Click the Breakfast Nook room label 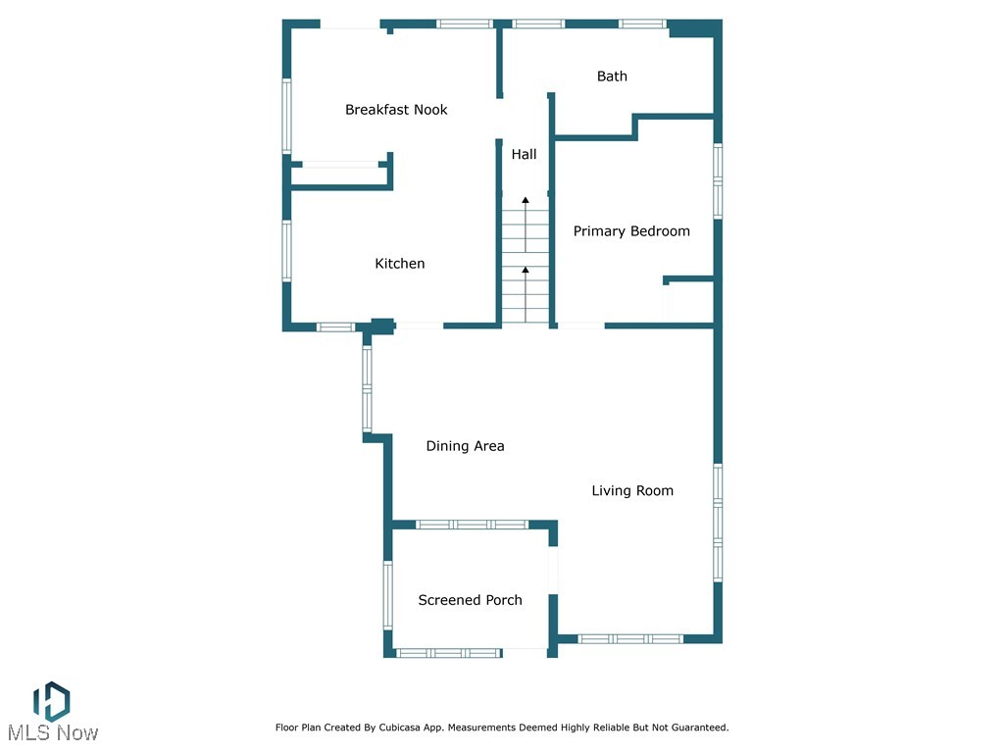coord(396,110)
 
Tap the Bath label coord(612,76)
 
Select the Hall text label coord(524,154)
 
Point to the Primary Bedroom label coord(631,231)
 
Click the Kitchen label coord(400,264)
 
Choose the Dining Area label coord(465,446)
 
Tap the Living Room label coord(632,491)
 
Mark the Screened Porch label coord(470,600)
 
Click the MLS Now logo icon coord(51,700)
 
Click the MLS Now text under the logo coord(53,732)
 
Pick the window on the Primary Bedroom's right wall coord(718,181)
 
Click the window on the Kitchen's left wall coord(287,251)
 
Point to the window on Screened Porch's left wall coord(388,594)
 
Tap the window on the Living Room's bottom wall coord(630,639)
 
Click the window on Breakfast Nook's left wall coord(287,116)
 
